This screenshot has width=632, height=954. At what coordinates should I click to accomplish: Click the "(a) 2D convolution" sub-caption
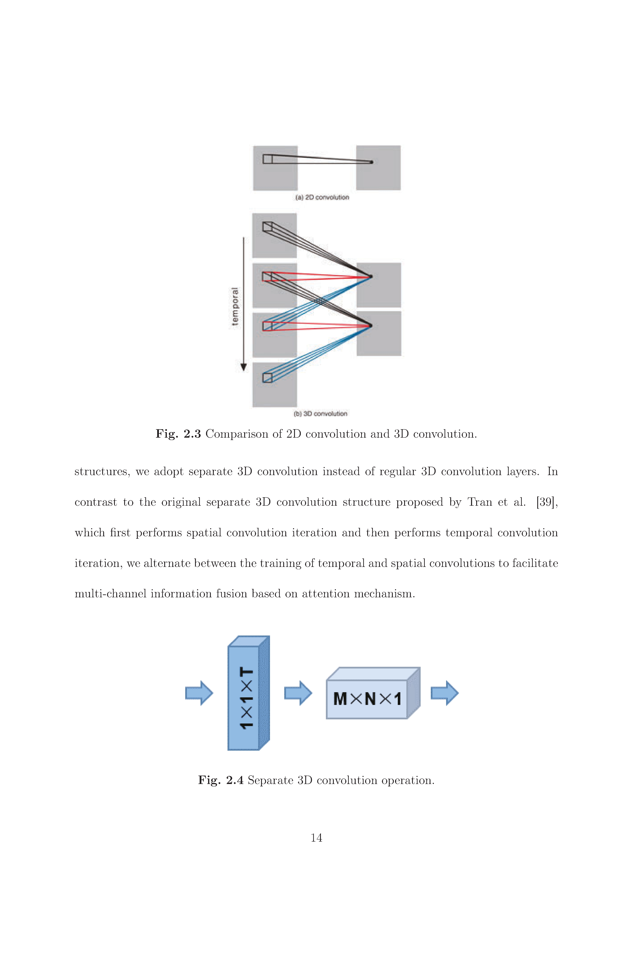pyautogui.click(x=322, y=197)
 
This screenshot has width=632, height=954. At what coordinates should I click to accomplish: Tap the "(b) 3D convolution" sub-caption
pyautogui.click(x=320, y=414)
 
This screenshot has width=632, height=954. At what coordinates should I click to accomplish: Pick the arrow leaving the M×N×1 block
pyautogui.click(x=445, y=693)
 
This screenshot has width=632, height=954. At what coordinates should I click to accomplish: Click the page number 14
pyautogui.click(x=316, y=838)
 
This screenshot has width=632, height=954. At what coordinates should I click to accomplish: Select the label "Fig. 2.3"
pyautogui.click(x=178, y=434)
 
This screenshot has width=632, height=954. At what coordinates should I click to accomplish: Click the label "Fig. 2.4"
pyautogui.click(x=221, y=780)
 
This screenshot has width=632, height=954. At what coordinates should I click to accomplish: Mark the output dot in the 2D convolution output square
pyautogui.click(x=372, y=162)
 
